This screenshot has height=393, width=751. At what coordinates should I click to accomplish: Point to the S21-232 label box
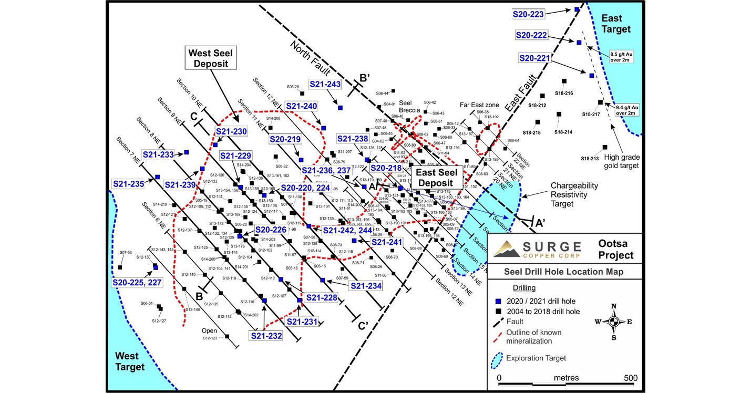coord(266,336)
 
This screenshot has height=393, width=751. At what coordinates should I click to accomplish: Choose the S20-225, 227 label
coord(137,282)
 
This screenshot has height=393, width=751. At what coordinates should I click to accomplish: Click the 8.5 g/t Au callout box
coord(621,56)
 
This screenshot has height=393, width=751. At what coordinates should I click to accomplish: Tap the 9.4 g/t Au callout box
coord(628,110)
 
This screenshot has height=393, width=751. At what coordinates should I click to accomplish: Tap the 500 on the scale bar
coord(631,378)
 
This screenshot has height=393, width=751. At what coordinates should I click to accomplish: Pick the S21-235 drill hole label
coord(128,184)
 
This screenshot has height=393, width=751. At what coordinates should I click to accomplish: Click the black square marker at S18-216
coord(564,81)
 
